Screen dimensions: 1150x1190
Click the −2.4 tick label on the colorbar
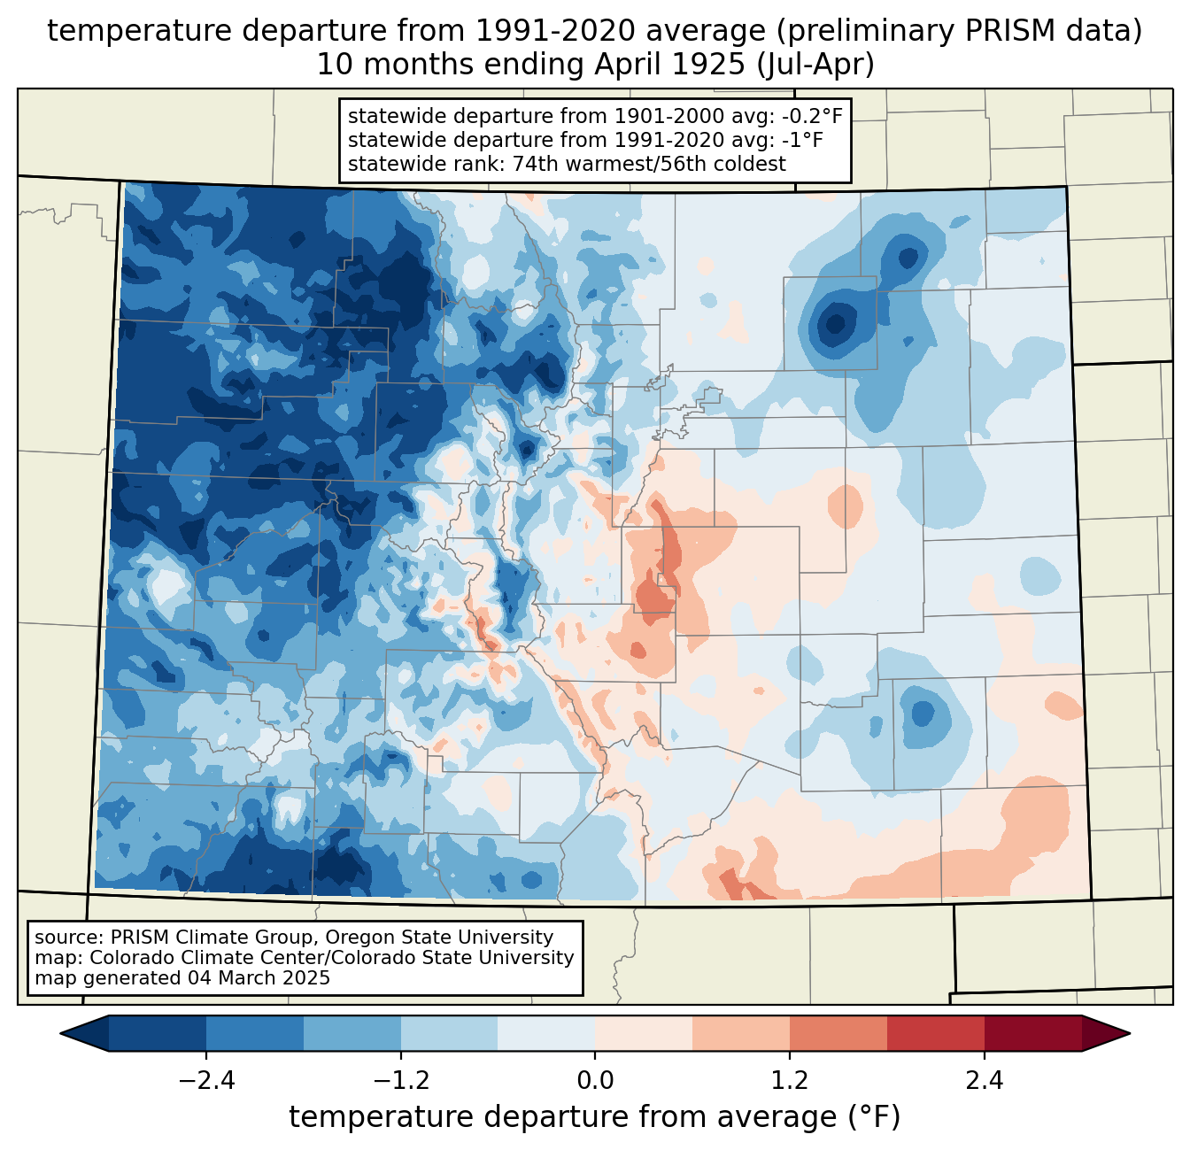[x=205, y=1081]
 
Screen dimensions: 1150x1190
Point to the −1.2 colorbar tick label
[x=400, y=1081]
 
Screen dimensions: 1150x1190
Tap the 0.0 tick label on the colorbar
[x=595, y=1081]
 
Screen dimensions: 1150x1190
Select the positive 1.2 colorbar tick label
[x=790, y=1081]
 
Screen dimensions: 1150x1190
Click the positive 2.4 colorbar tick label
[x=984, y=1081]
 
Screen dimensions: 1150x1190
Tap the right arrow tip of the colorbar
[x=1127, y=1033]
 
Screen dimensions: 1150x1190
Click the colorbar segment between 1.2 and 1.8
[x=838, y=1033]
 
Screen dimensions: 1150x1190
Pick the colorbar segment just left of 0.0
[x=546, y=1033]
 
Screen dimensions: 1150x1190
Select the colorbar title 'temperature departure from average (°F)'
[x=594, y=1117]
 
